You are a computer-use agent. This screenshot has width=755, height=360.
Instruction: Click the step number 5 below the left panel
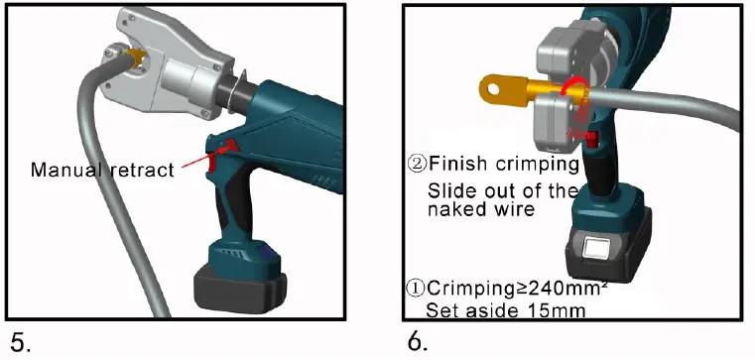(21, 342)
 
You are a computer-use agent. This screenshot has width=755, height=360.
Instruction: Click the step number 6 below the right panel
(417, 342)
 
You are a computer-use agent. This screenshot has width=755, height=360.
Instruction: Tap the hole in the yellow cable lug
(492, 90)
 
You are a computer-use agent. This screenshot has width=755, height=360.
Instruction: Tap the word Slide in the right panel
(448, 190)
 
